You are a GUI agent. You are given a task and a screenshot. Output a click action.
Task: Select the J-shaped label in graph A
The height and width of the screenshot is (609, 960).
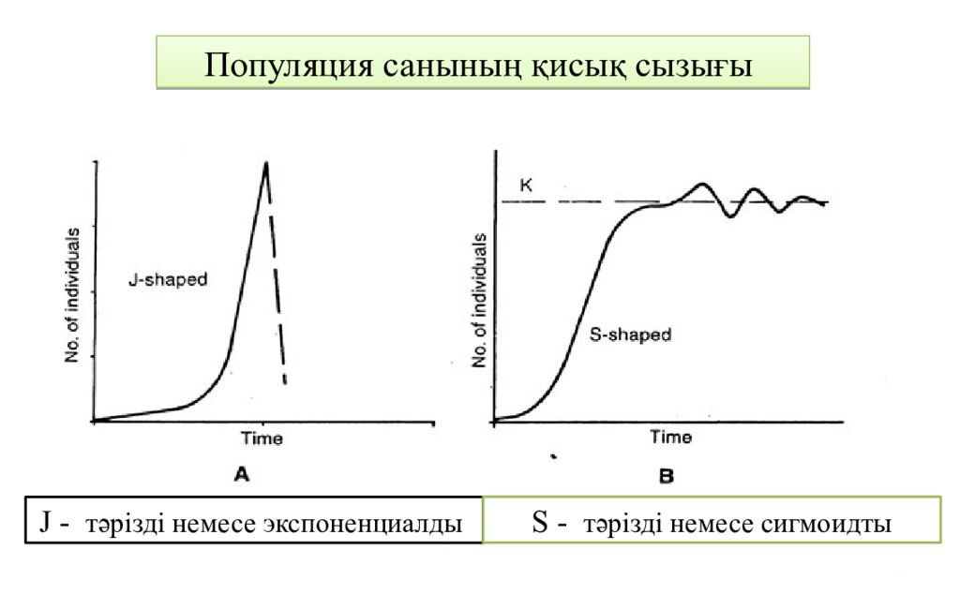click(x=168, y=279)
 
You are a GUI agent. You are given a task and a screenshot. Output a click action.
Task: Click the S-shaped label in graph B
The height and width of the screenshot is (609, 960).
click(x=631, y=334)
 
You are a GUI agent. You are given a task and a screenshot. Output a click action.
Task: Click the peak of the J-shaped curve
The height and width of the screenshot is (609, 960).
click(x=266, y=164)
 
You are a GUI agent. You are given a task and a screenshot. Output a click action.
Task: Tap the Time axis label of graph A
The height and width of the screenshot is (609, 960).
click(x=262, y=438)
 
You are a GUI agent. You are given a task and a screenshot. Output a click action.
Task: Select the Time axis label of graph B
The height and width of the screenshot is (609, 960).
click(x=671, y=438)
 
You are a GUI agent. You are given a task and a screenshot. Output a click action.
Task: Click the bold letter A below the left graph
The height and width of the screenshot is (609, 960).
click(x=241, y=476)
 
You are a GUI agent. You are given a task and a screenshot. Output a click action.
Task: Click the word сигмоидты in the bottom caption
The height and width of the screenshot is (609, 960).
click(x=827, y=523)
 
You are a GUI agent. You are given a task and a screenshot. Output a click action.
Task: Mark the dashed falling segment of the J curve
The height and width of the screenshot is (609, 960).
click(x=277, y=281)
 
